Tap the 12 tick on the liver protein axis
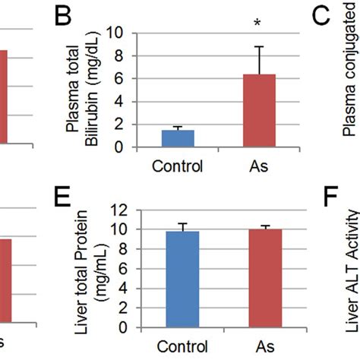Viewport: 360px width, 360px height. tap(115, 210)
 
